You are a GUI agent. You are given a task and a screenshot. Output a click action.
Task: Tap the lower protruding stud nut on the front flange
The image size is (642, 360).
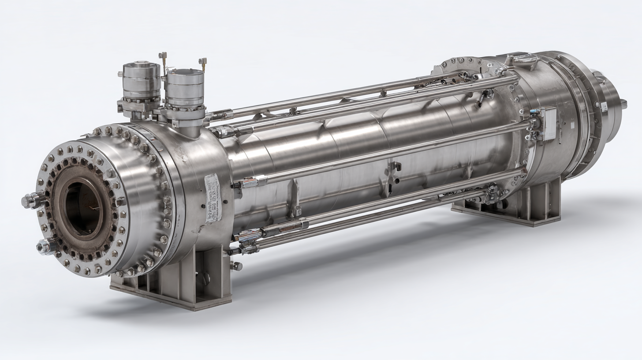[45, 247]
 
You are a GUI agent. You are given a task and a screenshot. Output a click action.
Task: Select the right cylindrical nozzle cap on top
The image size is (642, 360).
[185, 88]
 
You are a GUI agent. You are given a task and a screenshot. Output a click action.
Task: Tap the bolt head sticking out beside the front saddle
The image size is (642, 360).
[236, 266]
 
